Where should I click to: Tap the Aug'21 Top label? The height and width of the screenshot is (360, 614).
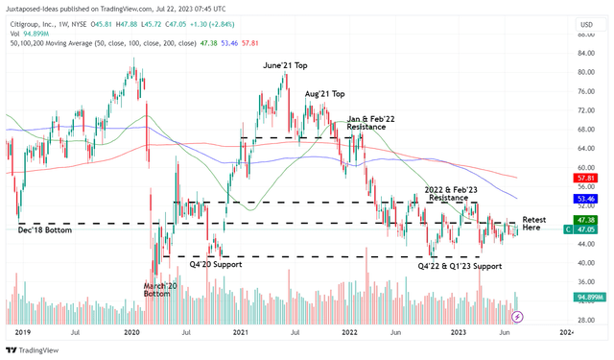coord(325,93)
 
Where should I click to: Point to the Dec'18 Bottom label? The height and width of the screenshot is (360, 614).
coord(46,230)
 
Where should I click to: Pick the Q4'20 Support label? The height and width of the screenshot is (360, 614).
coord(201,264)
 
